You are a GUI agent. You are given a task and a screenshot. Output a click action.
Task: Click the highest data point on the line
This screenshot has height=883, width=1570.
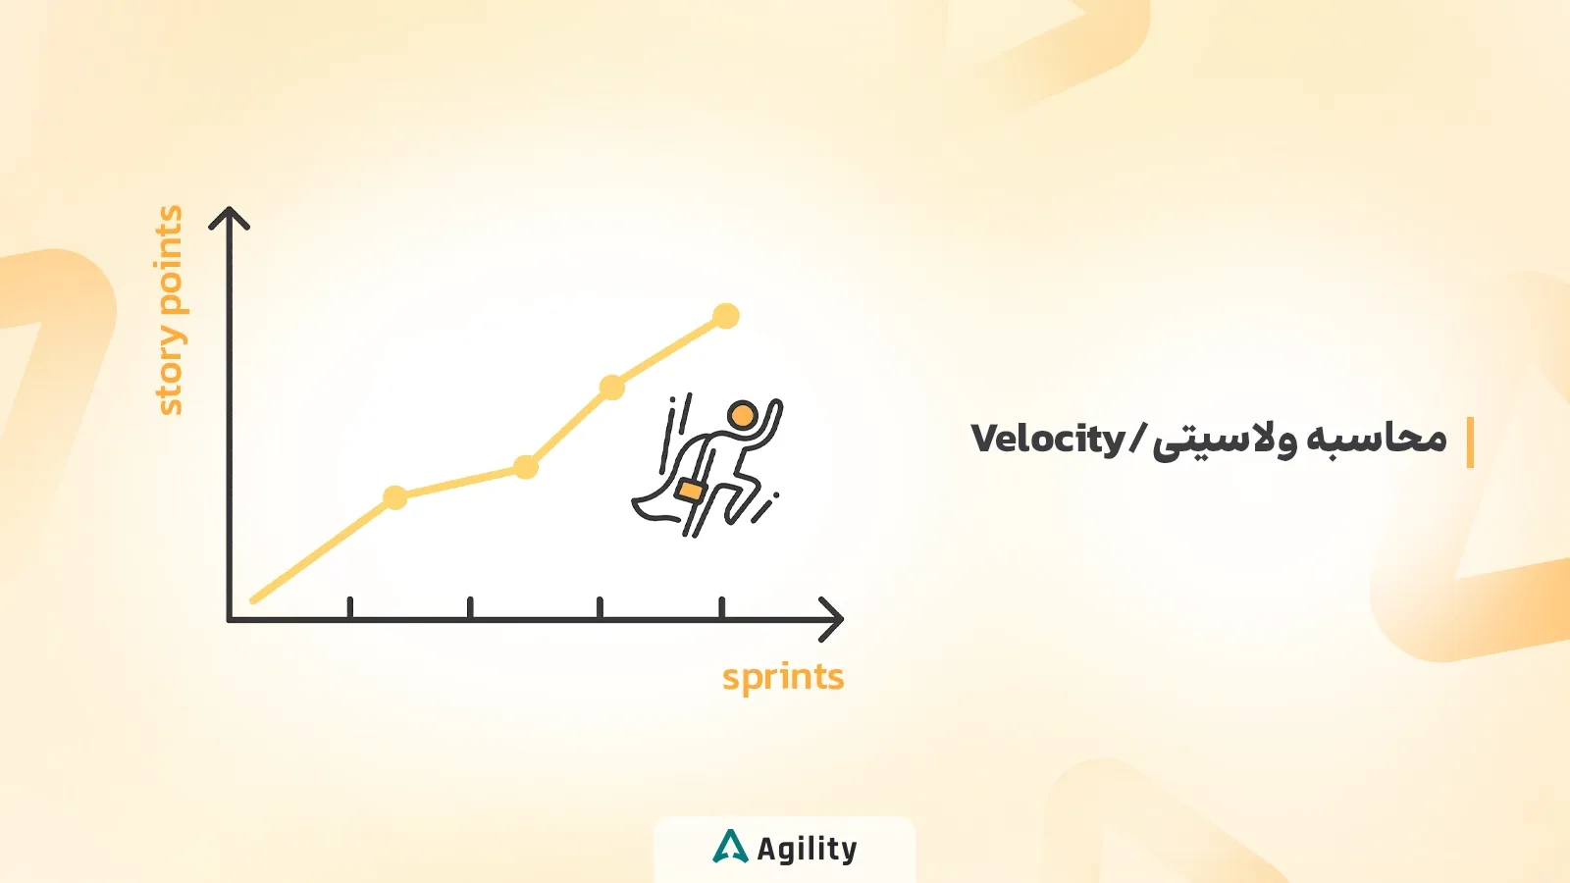(725, 316)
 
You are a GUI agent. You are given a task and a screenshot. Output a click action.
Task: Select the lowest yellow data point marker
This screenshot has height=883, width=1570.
(394, 497)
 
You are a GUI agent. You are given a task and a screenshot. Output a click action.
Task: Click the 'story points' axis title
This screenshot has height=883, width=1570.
(170, 310)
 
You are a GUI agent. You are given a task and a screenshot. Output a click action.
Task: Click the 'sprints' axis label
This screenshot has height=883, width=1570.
(783, 677)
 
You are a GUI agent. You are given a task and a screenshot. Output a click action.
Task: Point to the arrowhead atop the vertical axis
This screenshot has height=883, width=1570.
(230, 217)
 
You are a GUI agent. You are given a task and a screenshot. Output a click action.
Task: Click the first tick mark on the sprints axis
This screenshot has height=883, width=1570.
(350, 608)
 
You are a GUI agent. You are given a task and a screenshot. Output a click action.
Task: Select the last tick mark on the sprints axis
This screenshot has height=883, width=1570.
(722, 608)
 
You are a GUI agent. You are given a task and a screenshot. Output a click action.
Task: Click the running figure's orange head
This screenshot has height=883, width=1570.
(742, 415)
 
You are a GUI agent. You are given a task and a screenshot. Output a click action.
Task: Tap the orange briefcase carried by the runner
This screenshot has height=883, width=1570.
(690, 490)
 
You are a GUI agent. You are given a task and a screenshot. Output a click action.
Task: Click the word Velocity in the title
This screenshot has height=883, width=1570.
(1047, 440)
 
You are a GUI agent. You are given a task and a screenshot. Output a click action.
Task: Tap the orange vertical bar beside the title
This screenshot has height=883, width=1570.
(1470, 442)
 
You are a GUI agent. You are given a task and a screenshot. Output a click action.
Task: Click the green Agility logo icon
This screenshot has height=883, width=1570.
(729, 847)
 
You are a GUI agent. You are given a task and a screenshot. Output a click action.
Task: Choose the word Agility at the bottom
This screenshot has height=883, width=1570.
(807, 849)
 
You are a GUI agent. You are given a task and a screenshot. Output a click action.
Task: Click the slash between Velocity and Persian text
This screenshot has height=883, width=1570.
(1138, 440)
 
